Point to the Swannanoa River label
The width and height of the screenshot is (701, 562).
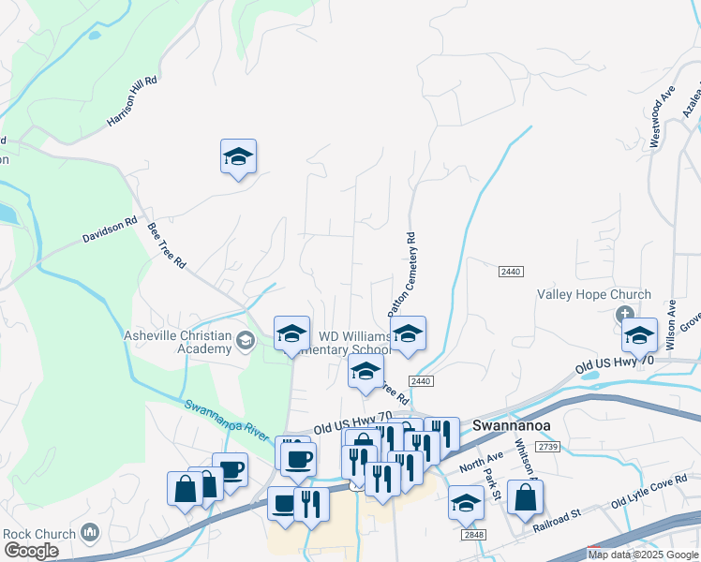click(227, 421)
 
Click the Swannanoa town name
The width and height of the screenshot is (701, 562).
click(515, 422)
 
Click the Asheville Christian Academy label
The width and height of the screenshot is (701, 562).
click(178, 343)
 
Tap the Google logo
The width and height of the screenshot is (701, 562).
click(31, 551)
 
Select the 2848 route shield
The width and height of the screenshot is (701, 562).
click(473, 534)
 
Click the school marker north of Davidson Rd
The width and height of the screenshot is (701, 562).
click(238, 156)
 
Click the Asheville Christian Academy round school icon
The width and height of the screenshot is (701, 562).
click(246, 339)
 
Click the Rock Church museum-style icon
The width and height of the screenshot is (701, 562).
click(91, 533)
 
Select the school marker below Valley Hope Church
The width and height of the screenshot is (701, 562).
click(639, 334)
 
